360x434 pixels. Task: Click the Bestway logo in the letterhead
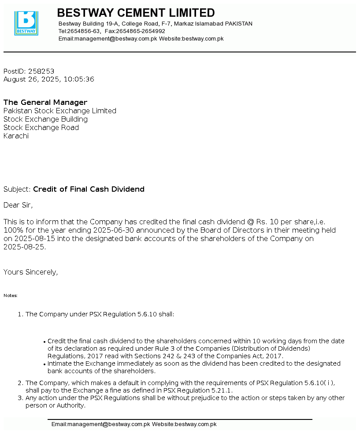[x=26, y=23]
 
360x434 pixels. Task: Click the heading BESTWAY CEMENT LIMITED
[x=136, y=13]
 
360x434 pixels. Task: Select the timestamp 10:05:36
[x=79, y=79]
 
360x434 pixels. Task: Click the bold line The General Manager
[x=45, y=103]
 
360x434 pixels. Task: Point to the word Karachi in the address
[x=16, y=136]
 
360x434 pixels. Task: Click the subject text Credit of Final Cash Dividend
[x=89, y=189]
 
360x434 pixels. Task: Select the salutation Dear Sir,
[x=18, y=205]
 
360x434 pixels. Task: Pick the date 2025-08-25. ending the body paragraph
[x=25, y=247]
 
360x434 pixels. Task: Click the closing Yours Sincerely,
[x=30, y=272]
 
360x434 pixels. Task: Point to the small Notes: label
[x=11, y=296]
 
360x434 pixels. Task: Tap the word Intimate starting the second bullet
[x=61, y=364]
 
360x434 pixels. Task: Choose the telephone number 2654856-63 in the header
[x=84, y=31]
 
